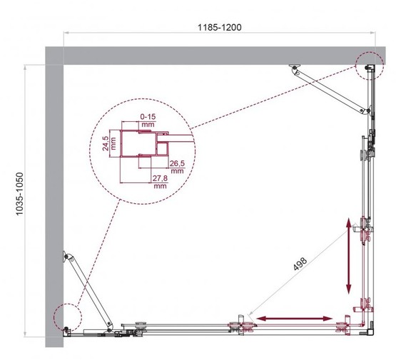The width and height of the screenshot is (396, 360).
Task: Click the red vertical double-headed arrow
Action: click(349, 257)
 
